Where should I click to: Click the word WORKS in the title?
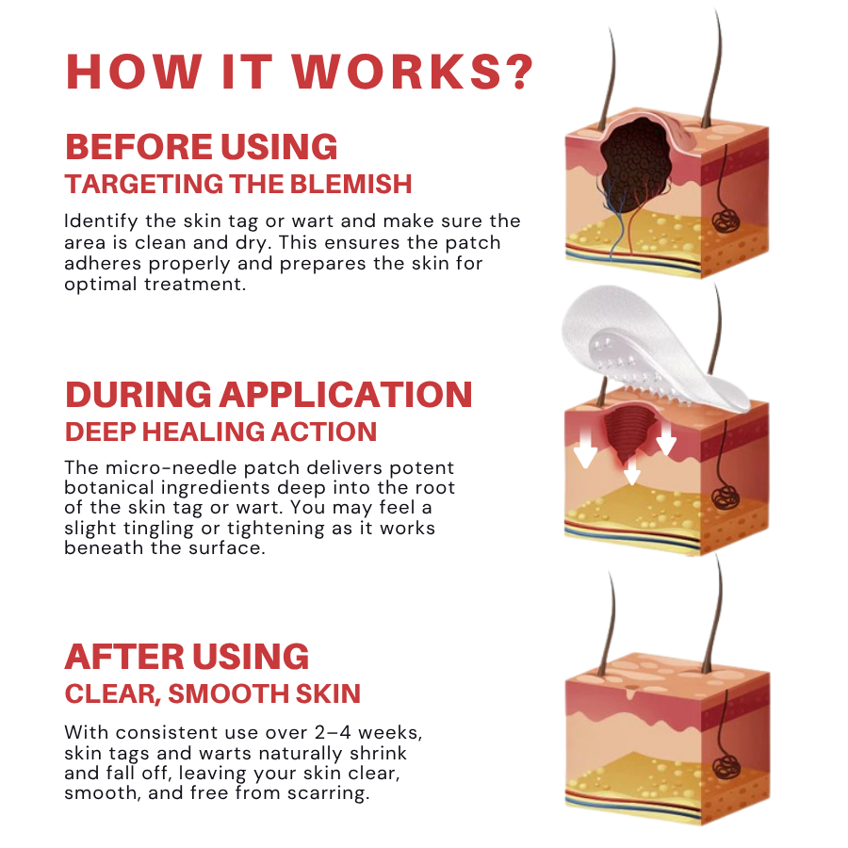[398, 72]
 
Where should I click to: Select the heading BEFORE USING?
[202, 147]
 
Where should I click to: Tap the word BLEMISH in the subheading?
[351, 184]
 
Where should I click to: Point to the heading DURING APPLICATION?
[269, 394]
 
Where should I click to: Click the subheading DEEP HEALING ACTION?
[220, 432]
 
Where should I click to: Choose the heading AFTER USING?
[187, 657]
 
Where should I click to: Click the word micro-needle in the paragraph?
[171, 467]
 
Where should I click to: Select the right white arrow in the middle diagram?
[666, 437]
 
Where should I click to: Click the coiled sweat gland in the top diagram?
[726, 220]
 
